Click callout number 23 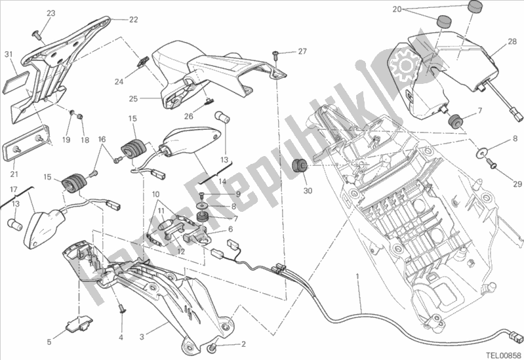click(51, 14)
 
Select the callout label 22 click(134, 20)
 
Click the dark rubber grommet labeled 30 click(301, 164)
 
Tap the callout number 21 click(14, 174)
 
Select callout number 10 click(156, 194)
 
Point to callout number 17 click(12, 190)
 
